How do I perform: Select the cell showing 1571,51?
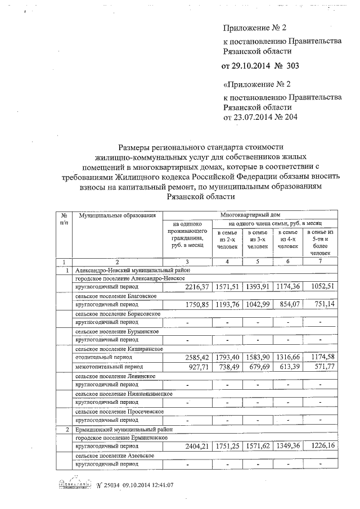[227, 287]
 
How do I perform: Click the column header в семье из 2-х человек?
[227, 240]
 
